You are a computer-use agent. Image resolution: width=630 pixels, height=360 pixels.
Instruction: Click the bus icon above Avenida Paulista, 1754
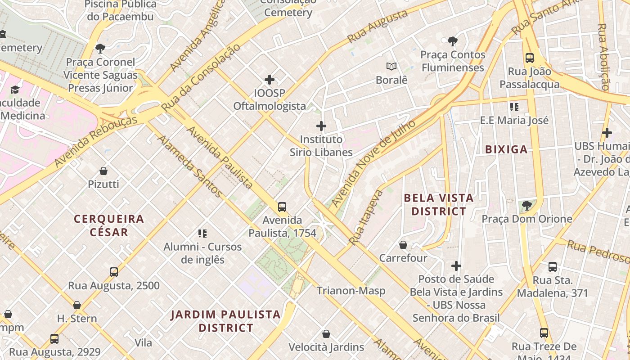point(282,207)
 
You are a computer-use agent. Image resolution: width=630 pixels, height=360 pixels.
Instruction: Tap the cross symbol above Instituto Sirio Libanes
point(321,126)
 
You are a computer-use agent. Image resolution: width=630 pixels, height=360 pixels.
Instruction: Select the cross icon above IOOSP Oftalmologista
point(270,80)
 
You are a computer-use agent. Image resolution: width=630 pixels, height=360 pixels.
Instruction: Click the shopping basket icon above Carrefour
point(403,245)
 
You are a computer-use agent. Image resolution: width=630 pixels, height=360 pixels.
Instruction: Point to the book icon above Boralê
point(391,67)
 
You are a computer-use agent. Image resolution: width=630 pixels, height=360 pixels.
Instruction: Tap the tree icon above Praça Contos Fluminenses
point(453,41)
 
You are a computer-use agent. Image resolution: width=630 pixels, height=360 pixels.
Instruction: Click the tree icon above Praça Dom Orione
point(526,206)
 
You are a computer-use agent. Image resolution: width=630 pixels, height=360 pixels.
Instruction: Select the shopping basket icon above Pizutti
point(103,171)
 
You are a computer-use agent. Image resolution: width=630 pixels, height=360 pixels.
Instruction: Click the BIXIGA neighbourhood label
point(506,150)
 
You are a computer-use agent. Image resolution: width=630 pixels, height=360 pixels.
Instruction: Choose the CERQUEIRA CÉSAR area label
point(109,225)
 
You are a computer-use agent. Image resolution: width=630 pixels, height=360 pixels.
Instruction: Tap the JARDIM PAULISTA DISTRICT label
point(226,321)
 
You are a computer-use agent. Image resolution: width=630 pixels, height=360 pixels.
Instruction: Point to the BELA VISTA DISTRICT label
point(439,204)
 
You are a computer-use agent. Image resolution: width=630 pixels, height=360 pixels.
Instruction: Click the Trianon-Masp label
point(351,291)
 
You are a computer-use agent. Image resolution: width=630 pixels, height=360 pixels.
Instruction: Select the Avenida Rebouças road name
point(96,142)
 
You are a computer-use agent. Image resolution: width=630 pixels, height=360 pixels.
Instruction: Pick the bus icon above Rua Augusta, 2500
point(114,272)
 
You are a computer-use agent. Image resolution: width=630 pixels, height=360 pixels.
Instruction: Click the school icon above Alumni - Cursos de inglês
point(202,233)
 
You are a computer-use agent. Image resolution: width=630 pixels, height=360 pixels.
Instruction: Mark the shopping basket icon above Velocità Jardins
point(326,334)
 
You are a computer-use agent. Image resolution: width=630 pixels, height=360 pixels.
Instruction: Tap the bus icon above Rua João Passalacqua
point(530,58)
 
